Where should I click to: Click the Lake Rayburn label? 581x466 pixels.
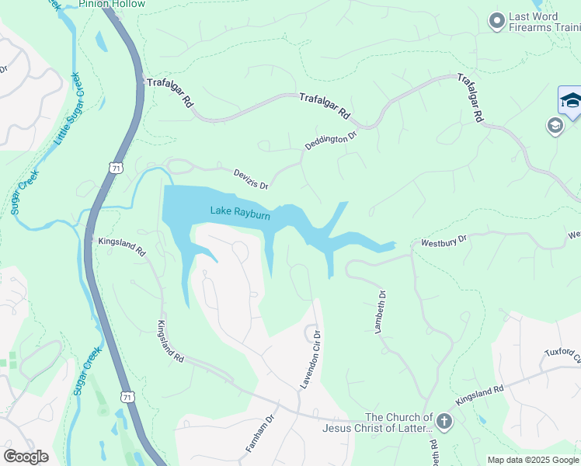coord(240,211)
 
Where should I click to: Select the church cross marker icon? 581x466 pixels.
coord(444,422)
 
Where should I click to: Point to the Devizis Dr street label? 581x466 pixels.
coord(251,179)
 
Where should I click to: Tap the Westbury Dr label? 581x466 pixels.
coord(444,243)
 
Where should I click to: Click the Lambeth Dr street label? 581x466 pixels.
coord(381,311)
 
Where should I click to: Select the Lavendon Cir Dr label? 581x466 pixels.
coord(311,360)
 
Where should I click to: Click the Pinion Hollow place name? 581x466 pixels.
coord(112,4)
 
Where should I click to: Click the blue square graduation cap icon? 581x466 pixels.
coord(571,102)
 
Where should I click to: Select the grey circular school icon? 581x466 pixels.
coord(555,126)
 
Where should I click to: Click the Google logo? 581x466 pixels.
coord(26,457)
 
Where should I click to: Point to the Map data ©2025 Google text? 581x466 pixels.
coord(532,460)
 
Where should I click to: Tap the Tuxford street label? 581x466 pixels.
coord(562,354)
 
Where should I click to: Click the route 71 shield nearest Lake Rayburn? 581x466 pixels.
coord(115,168)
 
